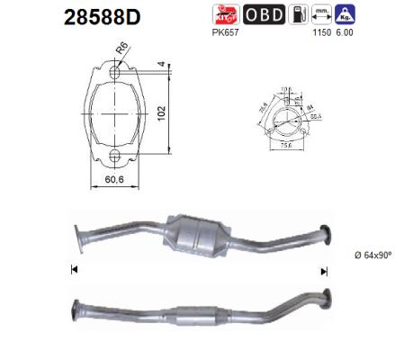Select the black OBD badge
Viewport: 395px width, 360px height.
tap(263, 14)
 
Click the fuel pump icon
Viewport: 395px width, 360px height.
tap(297, 14)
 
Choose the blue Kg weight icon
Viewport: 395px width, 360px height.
tap(345, 14)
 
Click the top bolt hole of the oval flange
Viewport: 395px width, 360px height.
tap(113, 73)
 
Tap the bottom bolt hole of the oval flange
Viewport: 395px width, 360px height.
tap(113, 158)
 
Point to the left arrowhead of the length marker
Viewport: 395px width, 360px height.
tap(73, 269)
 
